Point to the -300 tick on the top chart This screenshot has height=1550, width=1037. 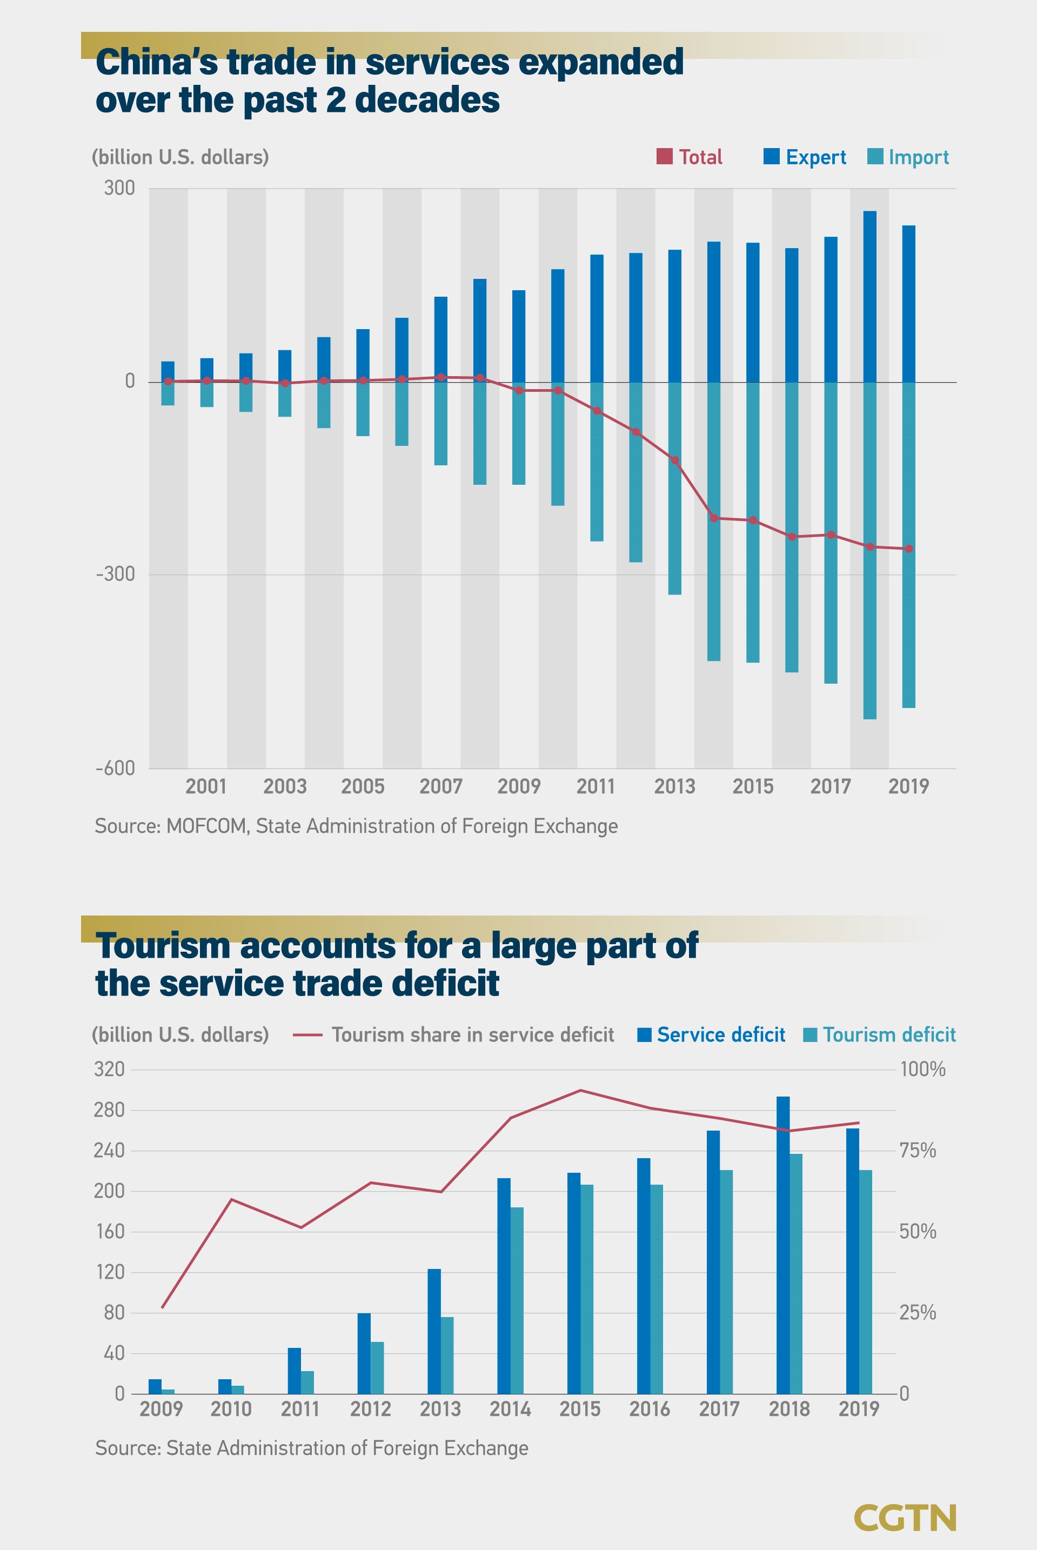point(116,574)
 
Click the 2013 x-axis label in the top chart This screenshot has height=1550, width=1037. point(674,786)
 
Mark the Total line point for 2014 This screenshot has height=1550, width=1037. point(714,518)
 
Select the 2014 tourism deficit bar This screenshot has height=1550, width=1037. point(517,1300)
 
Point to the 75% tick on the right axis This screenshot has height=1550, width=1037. point(918,1151)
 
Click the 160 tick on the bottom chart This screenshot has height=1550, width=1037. point(110,1231)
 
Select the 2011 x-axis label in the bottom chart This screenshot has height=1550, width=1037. point(300,1408)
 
